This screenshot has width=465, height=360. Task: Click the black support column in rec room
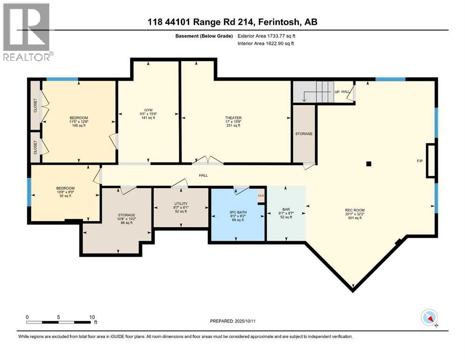369,164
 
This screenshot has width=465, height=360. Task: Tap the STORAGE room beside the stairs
304,134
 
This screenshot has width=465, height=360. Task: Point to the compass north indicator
429,318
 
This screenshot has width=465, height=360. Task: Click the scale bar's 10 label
92,317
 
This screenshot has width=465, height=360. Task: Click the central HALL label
203,175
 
